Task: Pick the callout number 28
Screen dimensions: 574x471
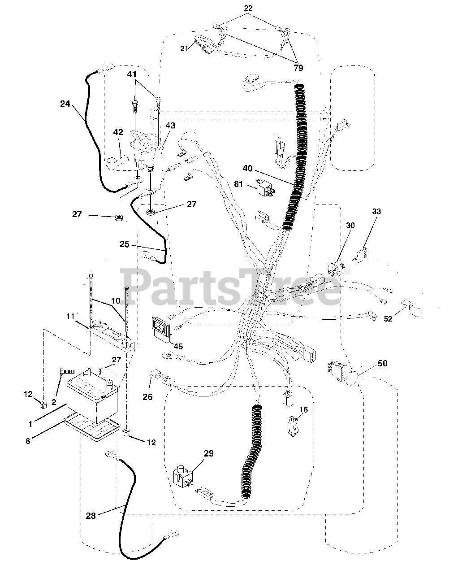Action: (91, 516)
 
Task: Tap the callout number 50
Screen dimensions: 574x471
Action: (382, 363)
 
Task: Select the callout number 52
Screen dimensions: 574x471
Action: (388, 318)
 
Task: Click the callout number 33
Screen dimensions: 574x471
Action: (376, 212)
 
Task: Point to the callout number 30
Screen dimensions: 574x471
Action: (350, 225)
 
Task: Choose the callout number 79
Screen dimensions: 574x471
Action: (298, 68)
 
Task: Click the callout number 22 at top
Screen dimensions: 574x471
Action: (248, 8)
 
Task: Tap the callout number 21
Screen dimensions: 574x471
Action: (185, 48)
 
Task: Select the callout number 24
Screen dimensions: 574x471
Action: (65, 104)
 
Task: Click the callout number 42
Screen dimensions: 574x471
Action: (118, 132)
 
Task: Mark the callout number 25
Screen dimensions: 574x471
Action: (124, 244)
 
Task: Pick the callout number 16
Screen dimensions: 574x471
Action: (304, 409)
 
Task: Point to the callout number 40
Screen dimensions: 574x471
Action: (248, 169)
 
